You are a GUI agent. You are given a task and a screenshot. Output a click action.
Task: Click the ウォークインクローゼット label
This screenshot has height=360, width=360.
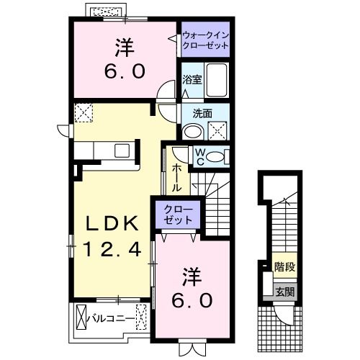pyautogui.click(x=204, y=40)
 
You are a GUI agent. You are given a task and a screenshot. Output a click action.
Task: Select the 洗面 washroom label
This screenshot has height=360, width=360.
pyautogui.click(x=203, y=112)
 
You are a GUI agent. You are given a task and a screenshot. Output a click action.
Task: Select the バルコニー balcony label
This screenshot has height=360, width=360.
pyautogui.click(x=111, y=316)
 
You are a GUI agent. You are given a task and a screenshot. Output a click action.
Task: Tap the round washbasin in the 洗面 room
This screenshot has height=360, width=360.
pyautogui.click(x=191, y=132)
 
